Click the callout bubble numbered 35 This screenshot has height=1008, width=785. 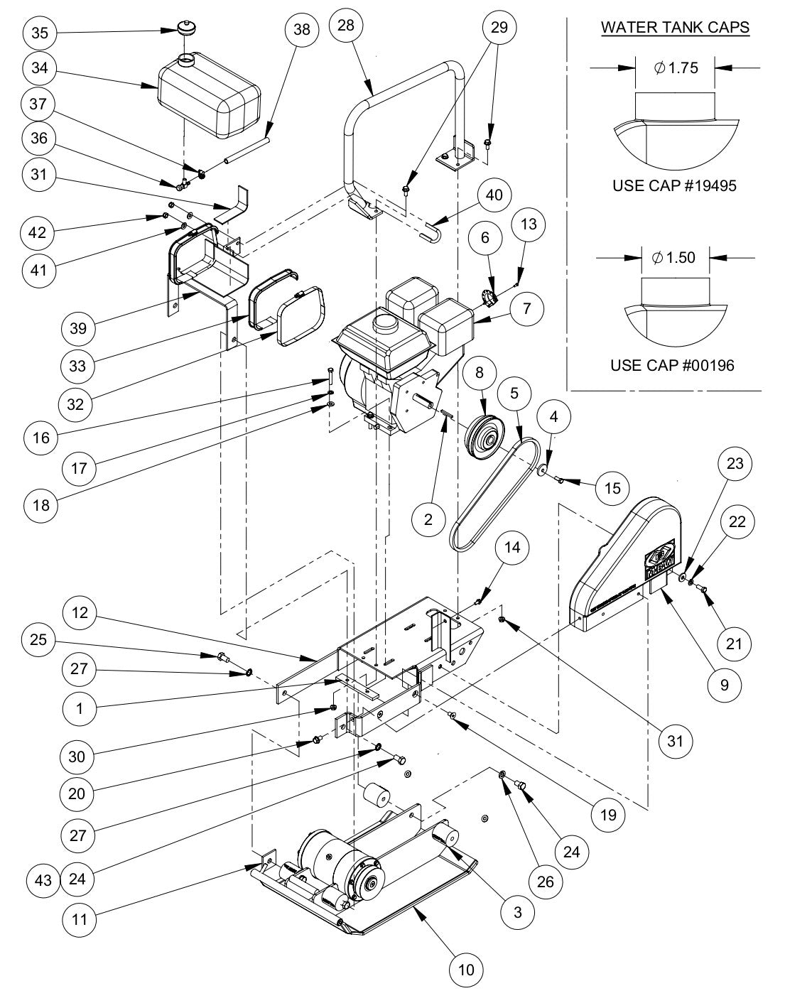(41, 33)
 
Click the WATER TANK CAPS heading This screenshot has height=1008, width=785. (674, 28)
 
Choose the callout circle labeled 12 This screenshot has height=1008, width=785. (80, 612)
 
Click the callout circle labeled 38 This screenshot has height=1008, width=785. (301, 30)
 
